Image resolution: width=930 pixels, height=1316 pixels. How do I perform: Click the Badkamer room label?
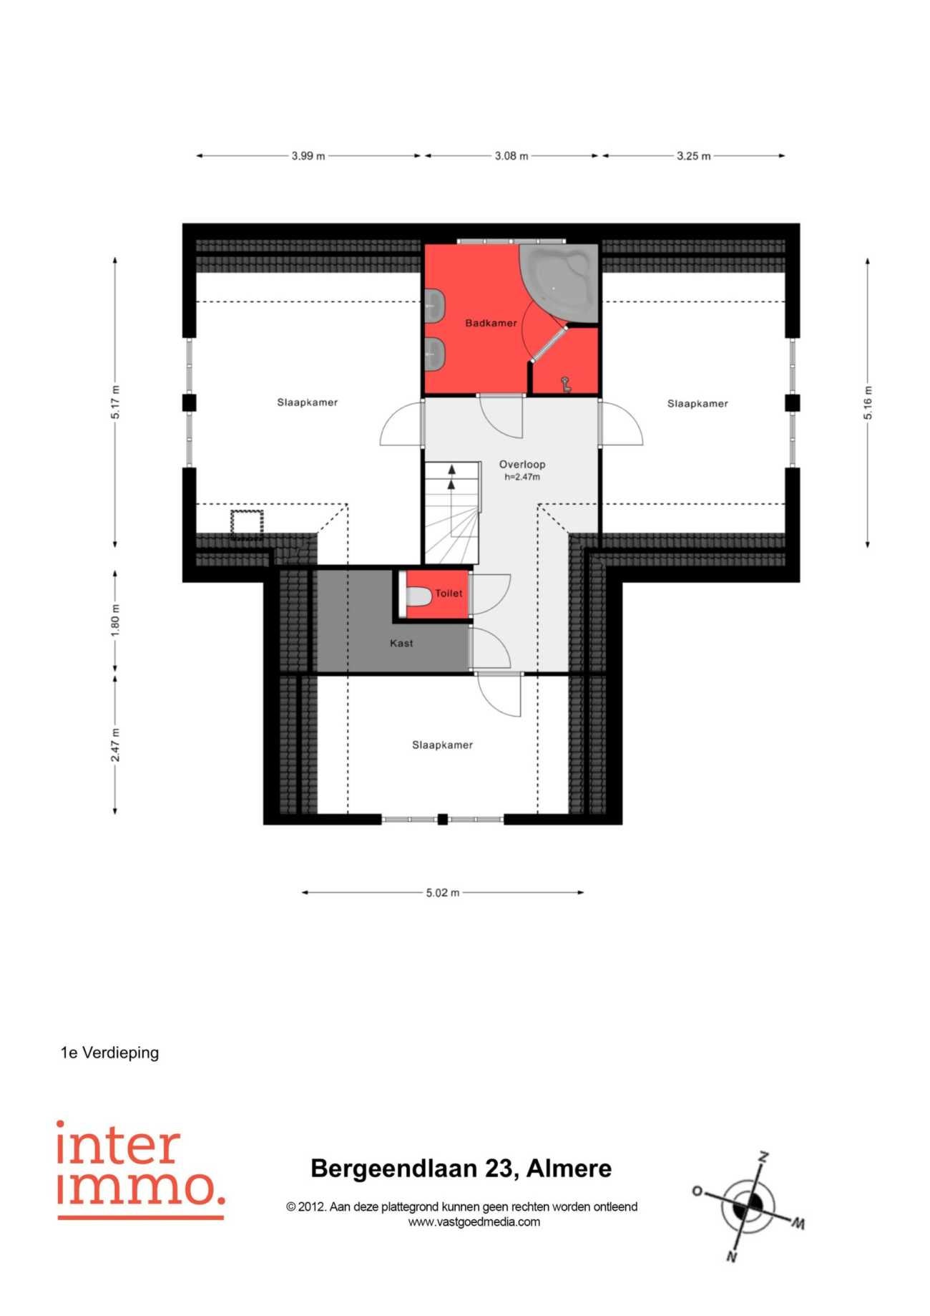491,323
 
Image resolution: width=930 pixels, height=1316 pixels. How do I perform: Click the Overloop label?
522,464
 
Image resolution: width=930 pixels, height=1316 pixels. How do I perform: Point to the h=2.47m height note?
522,477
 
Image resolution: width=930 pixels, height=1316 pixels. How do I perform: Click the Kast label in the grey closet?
401,643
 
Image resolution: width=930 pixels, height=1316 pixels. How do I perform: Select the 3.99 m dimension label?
308,155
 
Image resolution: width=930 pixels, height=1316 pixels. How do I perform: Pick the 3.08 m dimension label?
511,155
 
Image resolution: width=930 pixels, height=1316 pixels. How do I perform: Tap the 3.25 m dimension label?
694,155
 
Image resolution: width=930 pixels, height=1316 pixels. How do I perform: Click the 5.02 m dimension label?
443,893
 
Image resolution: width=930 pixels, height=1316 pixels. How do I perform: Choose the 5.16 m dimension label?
868,403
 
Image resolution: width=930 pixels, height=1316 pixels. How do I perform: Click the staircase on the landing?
451,513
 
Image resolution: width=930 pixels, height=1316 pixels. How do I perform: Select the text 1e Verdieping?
109,1053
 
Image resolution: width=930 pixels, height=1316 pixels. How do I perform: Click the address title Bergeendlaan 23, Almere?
461,1169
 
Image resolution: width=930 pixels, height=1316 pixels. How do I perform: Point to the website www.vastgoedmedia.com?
474,1222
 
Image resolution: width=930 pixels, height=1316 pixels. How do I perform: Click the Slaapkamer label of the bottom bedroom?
442,745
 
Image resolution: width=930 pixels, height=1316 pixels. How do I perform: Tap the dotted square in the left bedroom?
247,523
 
